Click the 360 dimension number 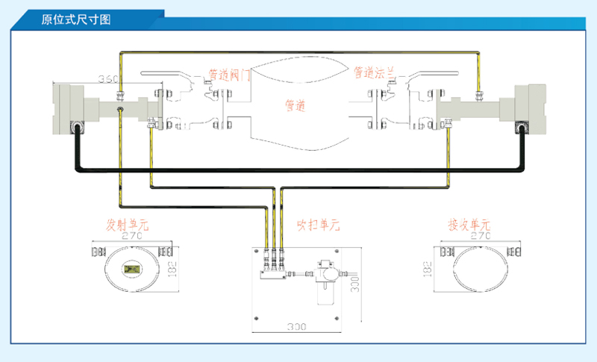pyautogui.click(x=109, y=79)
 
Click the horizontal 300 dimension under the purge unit pyautogui.click(x=296, y=327)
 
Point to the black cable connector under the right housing pyautogui.click(x=521, y=128)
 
